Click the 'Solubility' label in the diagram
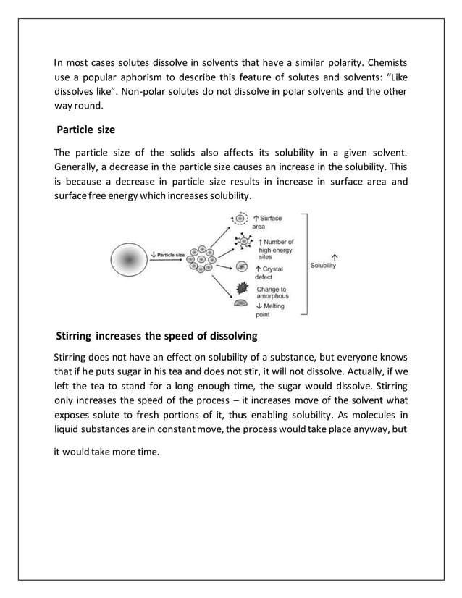click(x=323, y=266)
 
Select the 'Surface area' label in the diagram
click(x=267, y=222)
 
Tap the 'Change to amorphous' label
click(x=272, y=292)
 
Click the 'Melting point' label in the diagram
click(x=269, y=310)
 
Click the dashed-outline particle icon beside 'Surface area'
click(x=238, y=218)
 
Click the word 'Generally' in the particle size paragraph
click(x=79, y=168)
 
